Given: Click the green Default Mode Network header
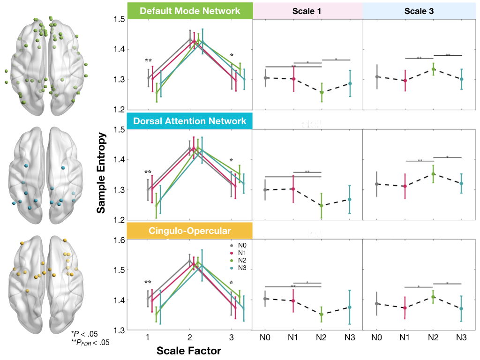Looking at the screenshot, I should [190, 10].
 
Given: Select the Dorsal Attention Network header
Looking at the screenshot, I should [190, 121].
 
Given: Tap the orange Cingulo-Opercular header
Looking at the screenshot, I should [190, 231].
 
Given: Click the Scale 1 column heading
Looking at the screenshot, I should [307, 10].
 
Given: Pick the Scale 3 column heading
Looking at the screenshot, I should [418, 10].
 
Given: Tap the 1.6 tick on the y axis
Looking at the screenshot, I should [118, 240].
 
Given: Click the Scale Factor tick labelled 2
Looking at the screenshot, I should [189, 337].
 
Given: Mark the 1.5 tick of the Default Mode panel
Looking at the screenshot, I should [118, 19].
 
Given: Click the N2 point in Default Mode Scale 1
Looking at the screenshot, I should [321, 92].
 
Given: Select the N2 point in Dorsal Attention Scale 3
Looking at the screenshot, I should [433, 174].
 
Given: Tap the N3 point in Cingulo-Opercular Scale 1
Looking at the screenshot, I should [349, 307].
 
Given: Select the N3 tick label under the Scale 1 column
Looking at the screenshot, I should [349, 337].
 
